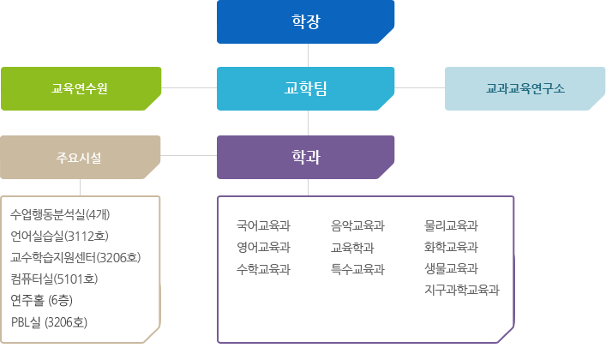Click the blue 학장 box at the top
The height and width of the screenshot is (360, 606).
point(305,22)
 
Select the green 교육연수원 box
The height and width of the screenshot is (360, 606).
point(81,88)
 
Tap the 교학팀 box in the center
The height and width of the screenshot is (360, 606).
point(305,88)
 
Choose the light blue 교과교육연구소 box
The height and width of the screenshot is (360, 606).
point(525,88)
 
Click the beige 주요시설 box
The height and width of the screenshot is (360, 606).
point(81,157)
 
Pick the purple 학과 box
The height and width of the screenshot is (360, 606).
point(305,157)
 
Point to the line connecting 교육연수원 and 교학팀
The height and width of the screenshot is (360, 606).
point(189,88)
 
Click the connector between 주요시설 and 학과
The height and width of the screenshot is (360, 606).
point(189,157)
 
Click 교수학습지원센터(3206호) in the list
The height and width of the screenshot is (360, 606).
point(75,257)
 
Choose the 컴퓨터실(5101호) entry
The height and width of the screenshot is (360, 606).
point(55,279)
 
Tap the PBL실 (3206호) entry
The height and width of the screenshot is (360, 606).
point(50,322)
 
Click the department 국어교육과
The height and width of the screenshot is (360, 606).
point(263,226)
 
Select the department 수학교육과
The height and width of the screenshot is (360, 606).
point(263,269)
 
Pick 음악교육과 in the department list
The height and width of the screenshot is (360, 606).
point(357,226)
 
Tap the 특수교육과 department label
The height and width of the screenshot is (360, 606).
point(357,269)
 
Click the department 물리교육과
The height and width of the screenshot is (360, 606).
point(451,226)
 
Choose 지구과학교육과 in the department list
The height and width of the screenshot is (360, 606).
point(461,290)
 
